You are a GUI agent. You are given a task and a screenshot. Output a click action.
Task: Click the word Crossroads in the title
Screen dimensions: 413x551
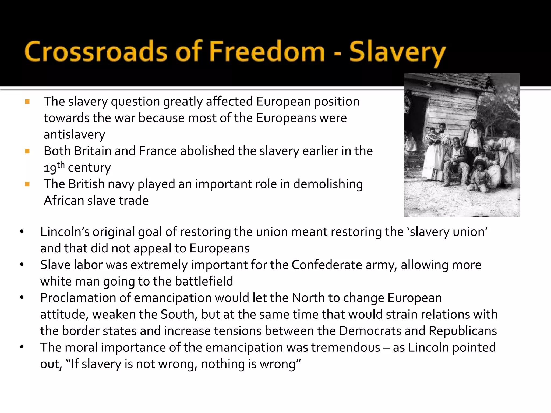pyautogui.click(x=96, y=52)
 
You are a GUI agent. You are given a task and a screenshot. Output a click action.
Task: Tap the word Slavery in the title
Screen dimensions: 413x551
pyautogui.click(x=397, y=52)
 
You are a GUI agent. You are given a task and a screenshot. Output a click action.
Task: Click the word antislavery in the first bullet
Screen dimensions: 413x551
pyautogui.click(x=74, y=135)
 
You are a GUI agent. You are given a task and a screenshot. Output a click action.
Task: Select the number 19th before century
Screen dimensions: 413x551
pyautogui.click(x=54, y=167)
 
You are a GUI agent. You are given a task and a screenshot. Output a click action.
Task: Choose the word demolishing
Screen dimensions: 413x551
pyautogui.click(x=328, y=184)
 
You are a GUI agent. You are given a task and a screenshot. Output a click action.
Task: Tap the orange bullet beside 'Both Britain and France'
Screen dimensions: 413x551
pyautogui.click(x=27, y=151)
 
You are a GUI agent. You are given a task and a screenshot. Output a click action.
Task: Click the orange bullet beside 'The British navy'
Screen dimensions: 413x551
pyautogui.click(x=27, y=184)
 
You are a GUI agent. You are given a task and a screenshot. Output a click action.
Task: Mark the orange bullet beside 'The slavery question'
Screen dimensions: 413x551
pyautogui.click(x=27, y=102)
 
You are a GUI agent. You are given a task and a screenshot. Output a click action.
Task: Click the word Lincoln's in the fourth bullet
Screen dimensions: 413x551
pyautogui.click(x=65, y=232)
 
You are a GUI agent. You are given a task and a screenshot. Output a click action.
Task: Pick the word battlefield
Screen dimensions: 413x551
pyautogui.click(x=204, y=282)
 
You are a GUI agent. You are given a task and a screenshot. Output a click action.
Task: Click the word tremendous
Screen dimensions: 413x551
pyautogui.click(x=346, y=348)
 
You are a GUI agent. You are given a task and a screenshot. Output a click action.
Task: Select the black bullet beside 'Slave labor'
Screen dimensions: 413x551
pyautogui.click(x=22, y=265)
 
